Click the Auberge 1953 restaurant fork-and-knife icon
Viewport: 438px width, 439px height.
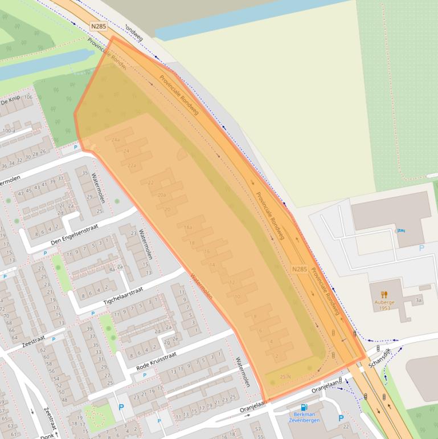point(384,295)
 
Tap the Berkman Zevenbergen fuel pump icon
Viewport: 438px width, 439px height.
point(304,407)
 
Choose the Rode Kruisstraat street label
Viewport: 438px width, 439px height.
point(156,361)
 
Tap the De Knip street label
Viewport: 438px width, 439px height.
point(10,101)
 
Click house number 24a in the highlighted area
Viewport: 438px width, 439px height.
point(117,140)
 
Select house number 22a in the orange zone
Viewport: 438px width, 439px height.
point(132,166)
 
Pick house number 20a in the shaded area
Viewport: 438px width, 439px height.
point(161,195)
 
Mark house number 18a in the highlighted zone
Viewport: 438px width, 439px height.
point(188,227)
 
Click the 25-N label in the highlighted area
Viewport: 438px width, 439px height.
point(285,376)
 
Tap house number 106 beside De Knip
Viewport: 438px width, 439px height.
point(28,97)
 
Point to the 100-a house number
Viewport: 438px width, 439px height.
point(9,131)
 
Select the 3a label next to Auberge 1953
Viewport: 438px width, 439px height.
point(419,300)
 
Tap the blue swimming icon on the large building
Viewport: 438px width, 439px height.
point(400,231)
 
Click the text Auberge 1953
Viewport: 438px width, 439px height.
point(384,306)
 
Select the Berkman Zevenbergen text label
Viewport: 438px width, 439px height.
point(303,417)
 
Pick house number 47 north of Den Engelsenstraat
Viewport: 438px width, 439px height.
point(21,193)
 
